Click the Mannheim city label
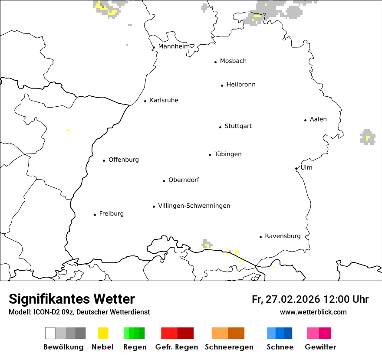(174, 46)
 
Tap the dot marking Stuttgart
(220, 127)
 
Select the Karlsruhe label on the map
(164, 100)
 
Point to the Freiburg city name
(111, 213)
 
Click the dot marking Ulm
(296, 169)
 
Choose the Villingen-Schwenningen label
(194, 206)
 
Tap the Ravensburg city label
(283, 236)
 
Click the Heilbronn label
(241, 85)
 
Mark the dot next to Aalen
(305, 120)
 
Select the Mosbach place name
(233, 61)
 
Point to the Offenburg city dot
(104, 160)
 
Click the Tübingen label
(228, 154)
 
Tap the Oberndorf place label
(184, 180)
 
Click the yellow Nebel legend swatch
(103, 333)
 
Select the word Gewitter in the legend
(320, 347)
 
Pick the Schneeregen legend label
(229, 347)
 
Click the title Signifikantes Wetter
(72, 299)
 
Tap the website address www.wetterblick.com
(313, 312)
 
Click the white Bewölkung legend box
(50, 333)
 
